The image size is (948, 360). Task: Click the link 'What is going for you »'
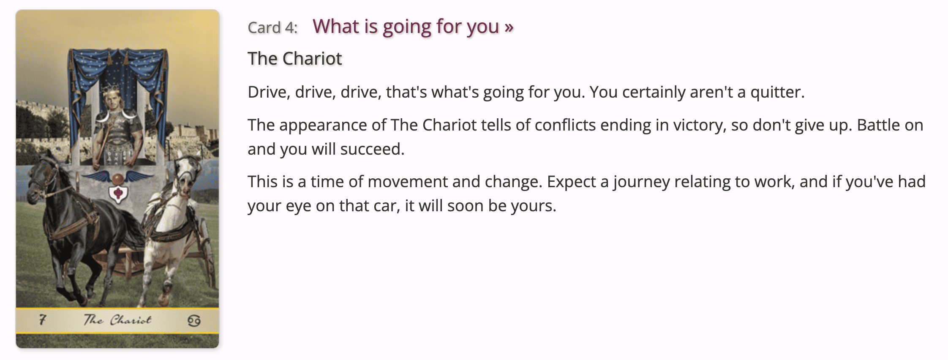tap(413, 27)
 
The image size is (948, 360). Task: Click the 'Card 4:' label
tap(272, 28)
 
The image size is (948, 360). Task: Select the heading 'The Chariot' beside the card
tap(295, 58)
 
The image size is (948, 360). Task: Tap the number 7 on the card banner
tap(42, 320)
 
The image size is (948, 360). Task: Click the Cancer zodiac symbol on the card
tap(194, 321)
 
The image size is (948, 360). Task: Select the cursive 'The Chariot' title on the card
tap(117, 320)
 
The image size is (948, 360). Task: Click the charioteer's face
tap(112, 102)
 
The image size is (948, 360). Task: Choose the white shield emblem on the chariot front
tap(118, 194)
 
